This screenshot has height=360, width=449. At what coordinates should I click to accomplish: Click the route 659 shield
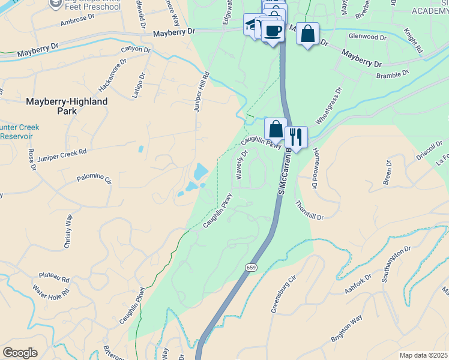tap(251, 266)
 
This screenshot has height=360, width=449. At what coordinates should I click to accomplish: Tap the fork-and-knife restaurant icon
tap(295, 136)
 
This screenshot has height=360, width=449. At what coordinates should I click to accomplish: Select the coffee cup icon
tap(272, 30)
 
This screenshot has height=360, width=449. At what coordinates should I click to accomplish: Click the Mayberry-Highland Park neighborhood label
tap(67, 106)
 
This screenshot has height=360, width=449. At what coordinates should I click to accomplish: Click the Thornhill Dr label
tap(309, 209)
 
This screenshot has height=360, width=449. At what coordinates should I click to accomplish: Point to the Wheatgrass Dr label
tap(328, 107)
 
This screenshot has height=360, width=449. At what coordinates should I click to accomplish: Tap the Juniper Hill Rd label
tap(200, 91)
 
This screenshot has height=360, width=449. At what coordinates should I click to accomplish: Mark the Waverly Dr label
tap(241, 165)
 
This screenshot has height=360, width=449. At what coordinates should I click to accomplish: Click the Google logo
tap(20, 353)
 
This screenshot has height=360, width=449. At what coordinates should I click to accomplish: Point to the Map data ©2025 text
tap(423, 355)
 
